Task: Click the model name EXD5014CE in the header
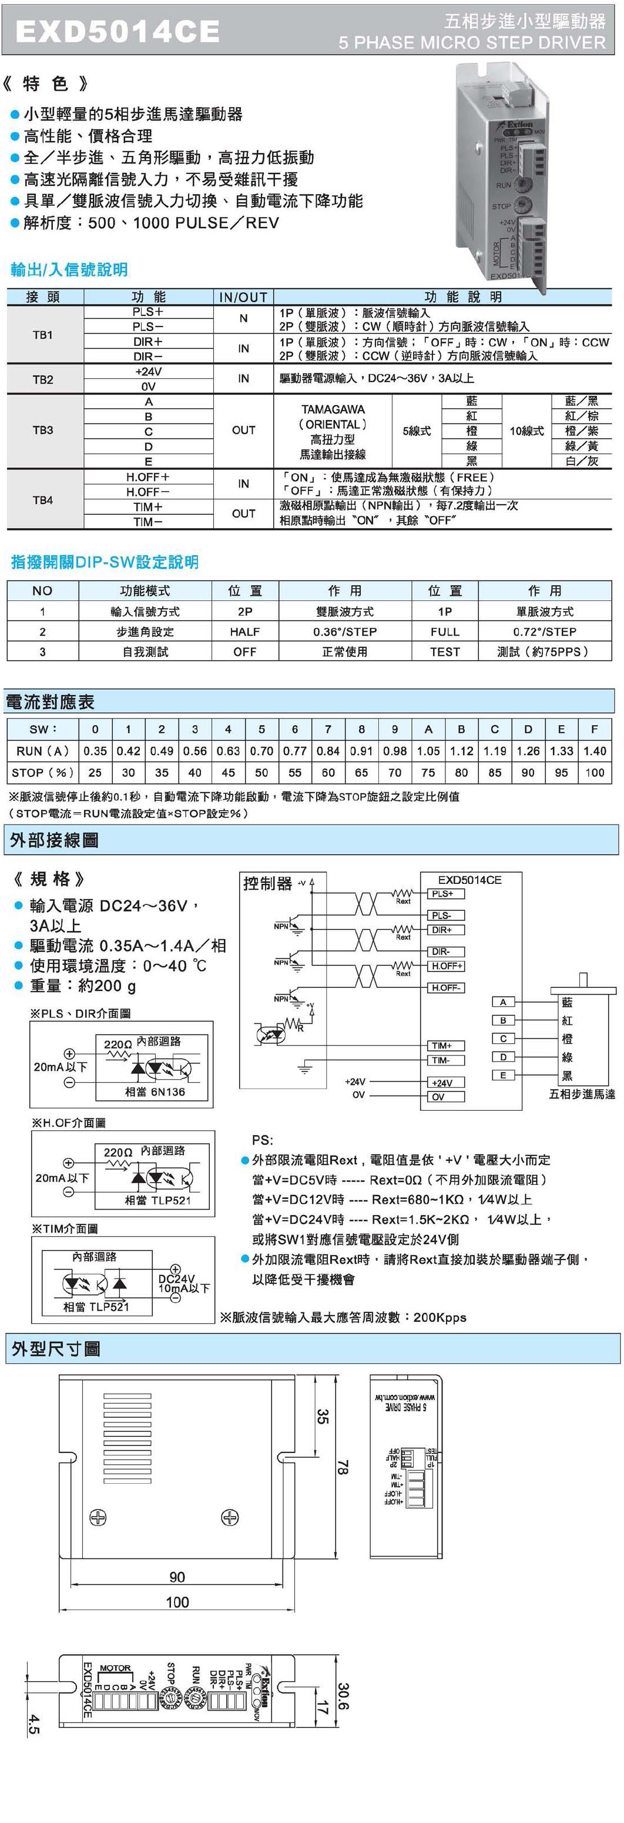(x=118, y=32)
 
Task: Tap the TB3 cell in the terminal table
(x=42, y=430)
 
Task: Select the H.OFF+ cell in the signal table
(x=148, y=477)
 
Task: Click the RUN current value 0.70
(x=261, y=751)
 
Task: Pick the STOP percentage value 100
(x=594, y=773)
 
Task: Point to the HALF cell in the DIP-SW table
(x=245, y=631)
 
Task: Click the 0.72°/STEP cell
(x=544, y=631)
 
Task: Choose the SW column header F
(x=594, y=729)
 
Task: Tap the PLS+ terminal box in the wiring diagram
(x=443, y=894)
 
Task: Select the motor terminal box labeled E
(x=503, y=1075)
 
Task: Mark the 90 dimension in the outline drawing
(x=177, y=1577)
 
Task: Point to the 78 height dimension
(x=343, y=1468)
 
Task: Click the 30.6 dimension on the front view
(x=343, y=1697)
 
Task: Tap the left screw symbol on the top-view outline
(x=98, y=1517)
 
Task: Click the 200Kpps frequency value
(x=440, y=1318)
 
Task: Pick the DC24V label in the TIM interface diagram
(x=176, y=1279)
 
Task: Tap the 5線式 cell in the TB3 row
(x=416, y=431)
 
